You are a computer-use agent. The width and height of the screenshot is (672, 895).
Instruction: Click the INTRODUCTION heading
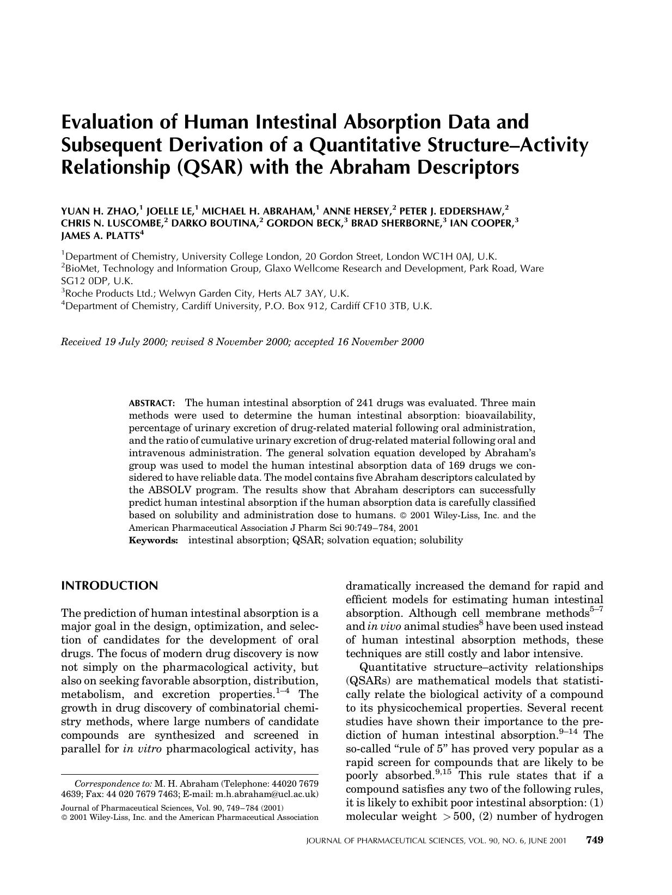click(109, 586)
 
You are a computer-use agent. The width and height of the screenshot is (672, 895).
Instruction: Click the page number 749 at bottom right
click(594, 840)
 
